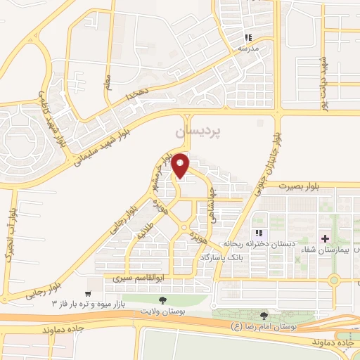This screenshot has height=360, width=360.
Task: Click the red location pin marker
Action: [x=181, y=165]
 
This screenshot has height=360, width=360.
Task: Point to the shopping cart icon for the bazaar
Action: [x=88, y=293]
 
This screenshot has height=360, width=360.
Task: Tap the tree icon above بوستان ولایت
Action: [x=163, y=300]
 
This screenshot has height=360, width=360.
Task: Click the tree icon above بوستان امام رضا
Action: [x=264, y=316]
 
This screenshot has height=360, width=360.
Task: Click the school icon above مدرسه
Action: [x=247, y=37]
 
